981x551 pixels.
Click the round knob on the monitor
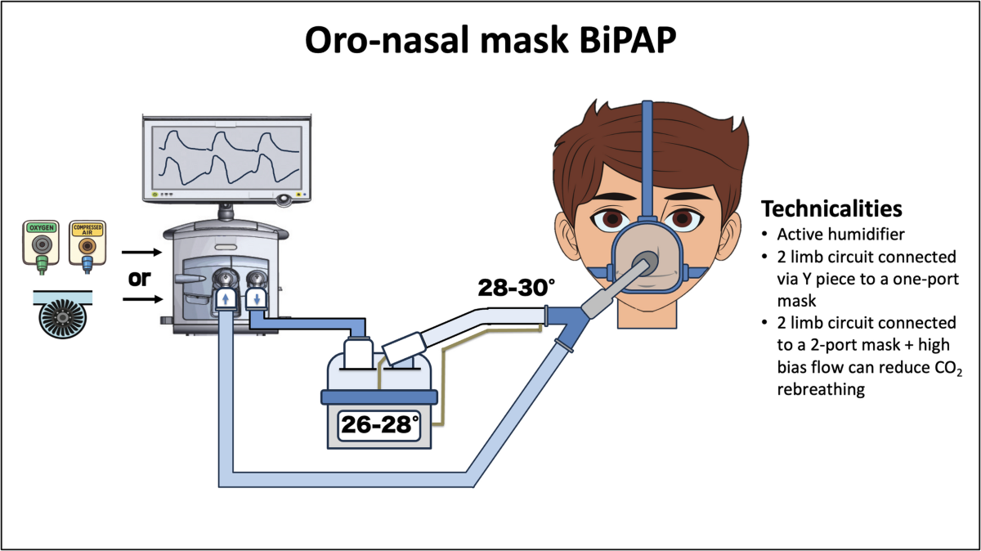point(284,197)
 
